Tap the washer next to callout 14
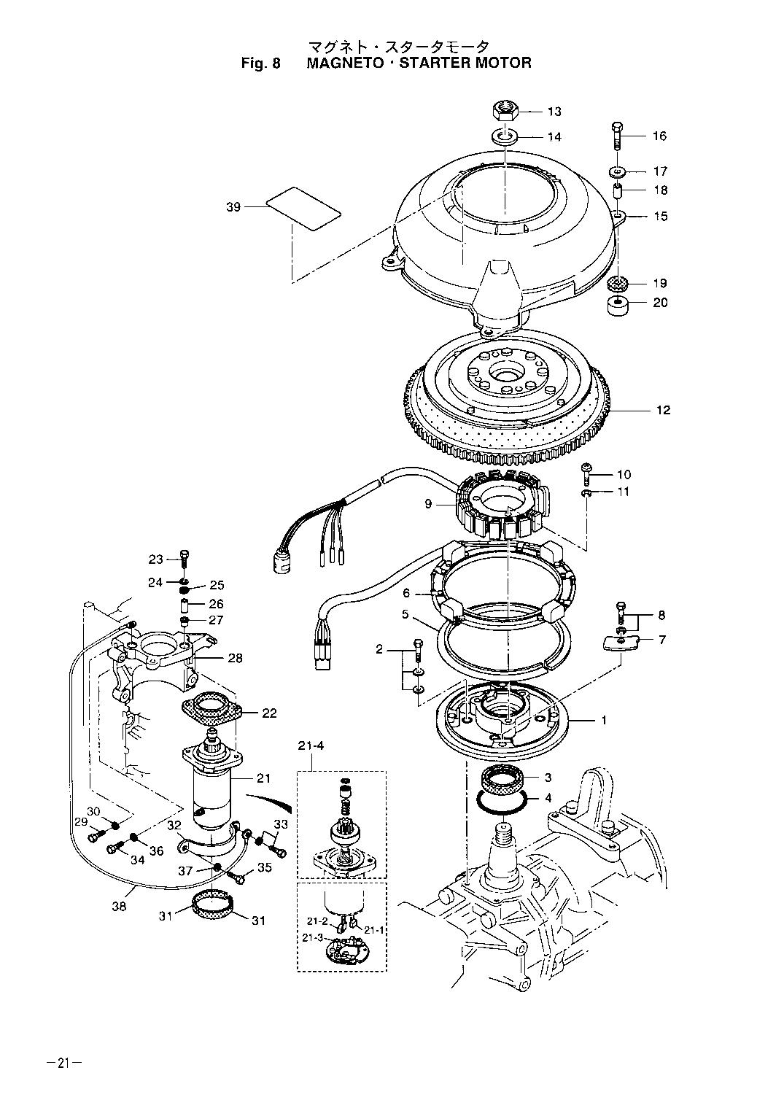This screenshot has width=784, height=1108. pyautogui.click(x=505, y=136)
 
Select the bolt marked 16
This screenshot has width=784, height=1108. pyautogui.click(x=617, y=136)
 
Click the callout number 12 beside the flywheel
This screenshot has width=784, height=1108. pyautogui.click(x=663, y=410)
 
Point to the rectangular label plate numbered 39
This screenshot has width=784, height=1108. pyautogui.click(x=303, y=208)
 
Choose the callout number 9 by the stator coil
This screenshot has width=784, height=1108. pyautogui.click(x=428, y=504)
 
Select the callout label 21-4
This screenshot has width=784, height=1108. pyautogui.click(x=310, y=745)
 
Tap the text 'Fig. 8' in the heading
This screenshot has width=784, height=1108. pyautogui.click(x=260, y=63)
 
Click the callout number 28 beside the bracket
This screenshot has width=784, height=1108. pyautogui.click(x=235, y=658)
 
